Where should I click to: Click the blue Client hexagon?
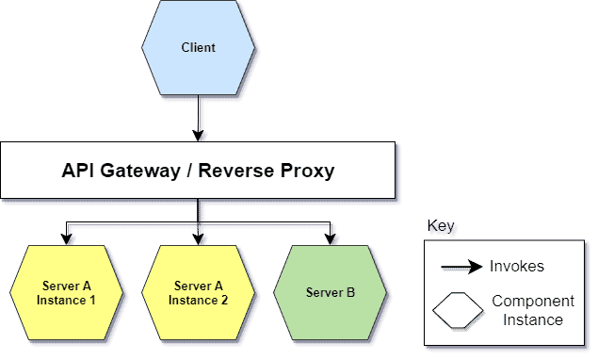pyautogui.click(x=198, y=47)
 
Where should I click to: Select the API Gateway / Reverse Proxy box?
pyautogui.click(x=198, y=171)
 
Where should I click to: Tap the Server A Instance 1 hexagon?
pyautogui.click(x=67, y=293)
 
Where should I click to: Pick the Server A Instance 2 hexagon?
pyautogui.click(x=199, y=293)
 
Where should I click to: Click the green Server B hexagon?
pyautogui.click(x=331, y=293)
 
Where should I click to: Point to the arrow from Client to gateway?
pyautogui.click(x=198, y=117)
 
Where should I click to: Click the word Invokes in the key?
pyautogui.click(x=517, y=267)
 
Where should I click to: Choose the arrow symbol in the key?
pyautogui.click(x=461, y=268)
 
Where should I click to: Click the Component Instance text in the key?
pyautogui.click(x=533, y=311)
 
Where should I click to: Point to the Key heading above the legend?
pyautogui.click(x=440, y=227)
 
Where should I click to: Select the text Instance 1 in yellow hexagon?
pyautogui.click(x=67, y=301)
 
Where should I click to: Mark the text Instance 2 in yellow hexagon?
pyautogui.click(x=199, y=301)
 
